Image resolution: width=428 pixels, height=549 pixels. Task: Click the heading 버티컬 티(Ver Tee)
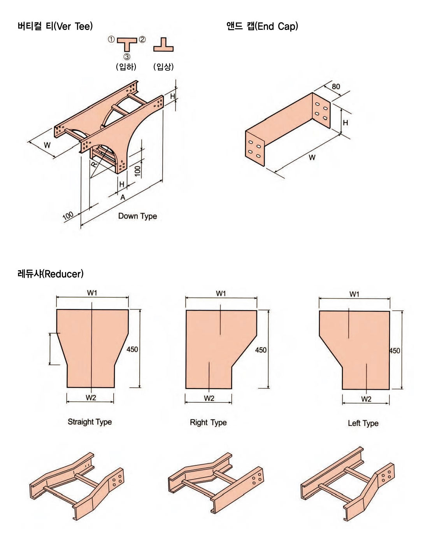[x=55, y=26]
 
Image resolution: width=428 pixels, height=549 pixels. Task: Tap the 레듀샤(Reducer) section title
[x=50, y=274]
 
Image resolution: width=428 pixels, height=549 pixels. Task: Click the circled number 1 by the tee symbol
[x=111, y=39]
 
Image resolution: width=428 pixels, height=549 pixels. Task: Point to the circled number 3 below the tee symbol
[x=127, y=57]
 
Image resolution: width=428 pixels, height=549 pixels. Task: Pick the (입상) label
[x=163, y=67]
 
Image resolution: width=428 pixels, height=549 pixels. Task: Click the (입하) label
[x=126, y=67]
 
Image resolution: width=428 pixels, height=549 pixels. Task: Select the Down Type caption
[x=137, y=216]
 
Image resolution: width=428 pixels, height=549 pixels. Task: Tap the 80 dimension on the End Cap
[x=335, y=86]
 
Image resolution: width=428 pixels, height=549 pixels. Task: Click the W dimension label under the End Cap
[x=312, y=157]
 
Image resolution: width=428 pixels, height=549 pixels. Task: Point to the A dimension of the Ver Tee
[x=123, y=198]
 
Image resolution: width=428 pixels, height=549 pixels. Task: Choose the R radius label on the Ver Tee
[x=94, y=164]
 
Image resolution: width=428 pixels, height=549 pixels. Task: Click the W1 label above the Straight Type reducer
[x=92, y=293]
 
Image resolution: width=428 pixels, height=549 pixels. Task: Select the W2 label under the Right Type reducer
[x=209, y=398]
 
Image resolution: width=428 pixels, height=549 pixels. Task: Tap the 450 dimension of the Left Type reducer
[x=395, y=351]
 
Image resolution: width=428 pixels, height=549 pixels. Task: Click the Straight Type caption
[x=89, y=422]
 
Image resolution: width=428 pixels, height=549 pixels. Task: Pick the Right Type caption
[x=208, y=423]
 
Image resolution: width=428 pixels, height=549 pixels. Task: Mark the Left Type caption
[x=363, y=423]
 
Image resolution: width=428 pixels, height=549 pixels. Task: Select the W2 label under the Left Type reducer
[x=366, y=399]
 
